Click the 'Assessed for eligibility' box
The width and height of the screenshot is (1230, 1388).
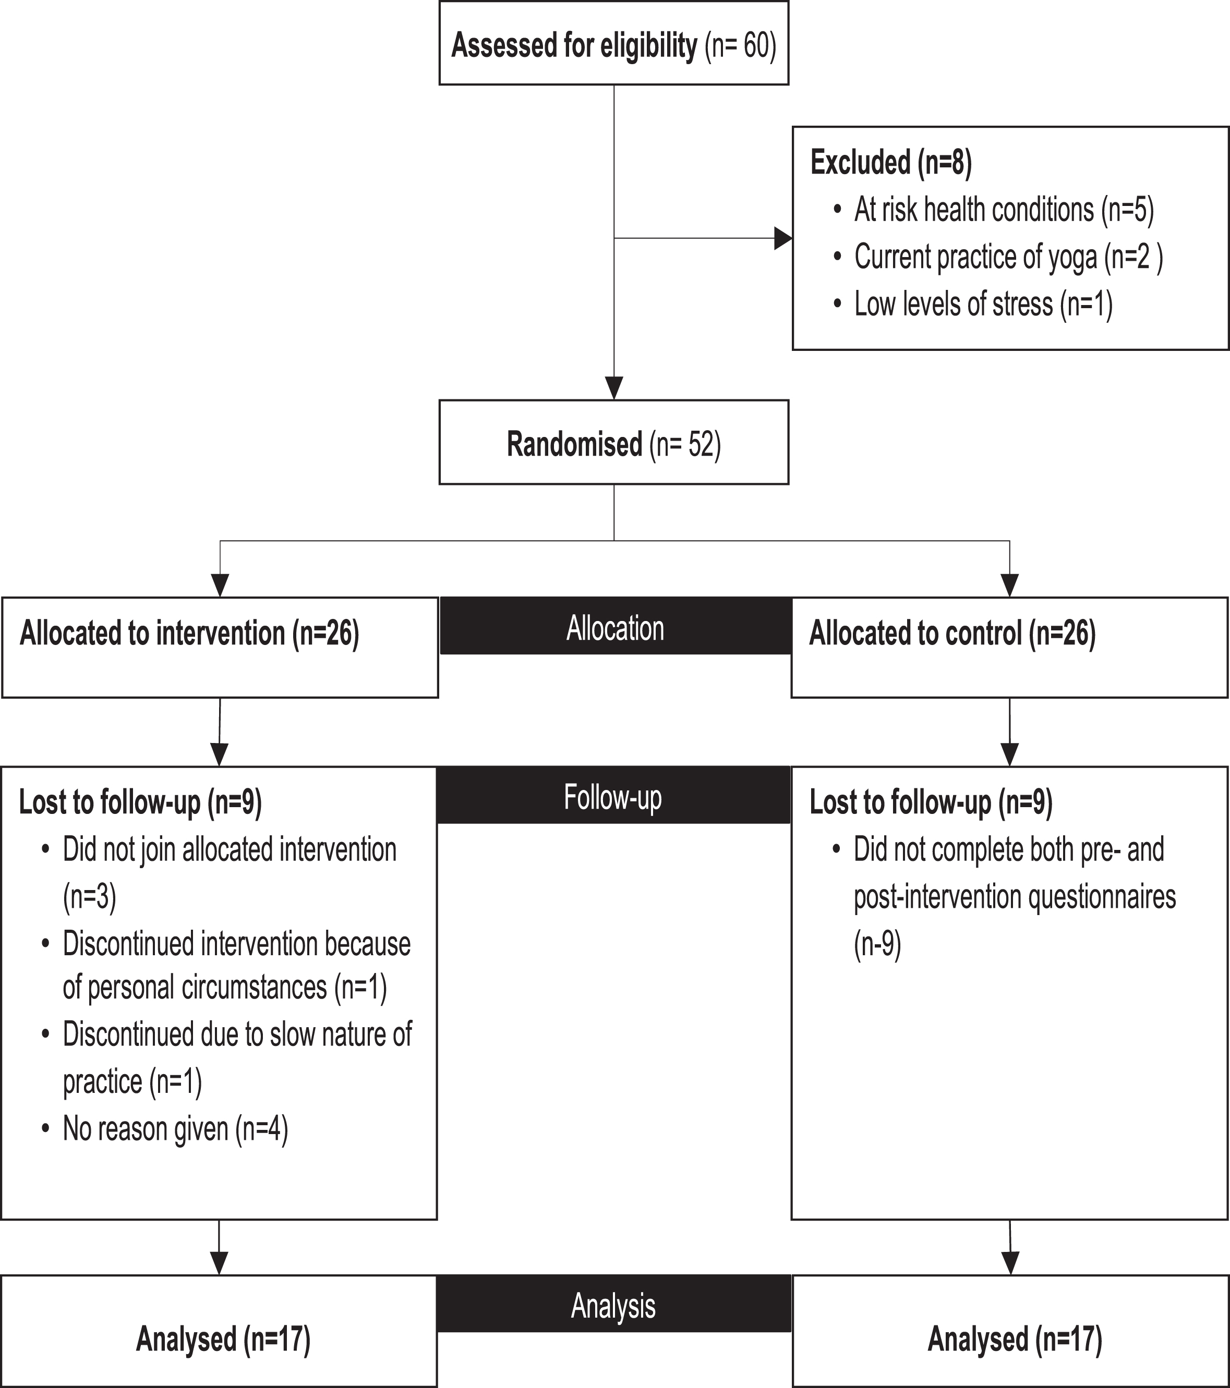[613, 43]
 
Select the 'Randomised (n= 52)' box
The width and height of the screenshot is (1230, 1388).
[613, 442]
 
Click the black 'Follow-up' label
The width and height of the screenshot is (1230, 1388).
[613, 795]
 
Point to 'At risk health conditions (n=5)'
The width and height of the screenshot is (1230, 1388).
[1004, 210]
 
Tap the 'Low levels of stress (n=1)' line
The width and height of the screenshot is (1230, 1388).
[983, 304]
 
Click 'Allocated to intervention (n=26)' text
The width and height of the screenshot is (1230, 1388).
[189, 634]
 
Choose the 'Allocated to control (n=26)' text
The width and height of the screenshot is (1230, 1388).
[952, 634]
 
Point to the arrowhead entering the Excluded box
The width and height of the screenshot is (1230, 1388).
[783, 238]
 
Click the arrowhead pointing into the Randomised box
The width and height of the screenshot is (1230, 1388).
[614, 388]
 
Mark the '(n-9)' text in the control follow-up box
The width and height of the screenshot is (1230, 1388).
[877, 944]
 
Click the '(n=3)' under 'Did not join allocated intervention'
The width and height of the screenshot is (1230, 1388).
[90, 897]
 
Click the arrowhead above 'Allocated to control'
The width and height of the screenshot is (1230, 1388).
[1010, 586]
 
